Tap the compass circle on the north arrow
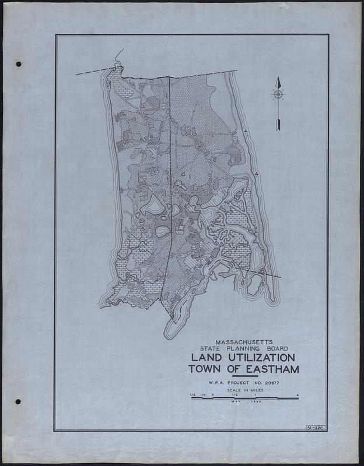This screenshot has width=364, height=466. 278,94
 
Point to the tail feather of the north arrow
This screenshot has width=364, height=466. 278,124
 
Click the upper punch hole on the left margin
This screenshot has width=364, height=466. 17,63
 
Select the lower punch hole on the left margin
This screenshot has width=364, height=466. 17,402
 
